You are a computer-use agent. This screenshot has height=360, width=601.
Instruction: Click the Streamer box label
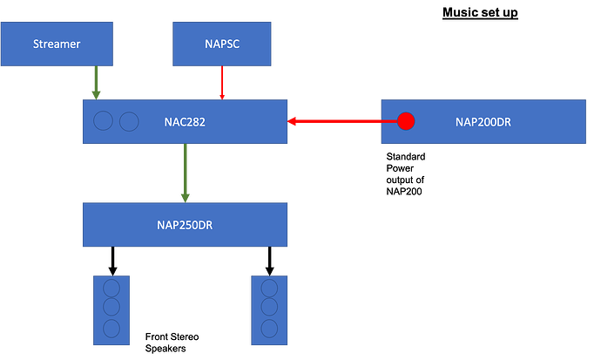57,44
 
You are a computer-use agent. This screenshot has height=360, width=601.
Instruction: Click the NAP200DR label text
483,122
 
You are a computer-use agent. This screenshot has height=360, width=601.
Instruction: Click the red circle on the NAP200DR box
406,121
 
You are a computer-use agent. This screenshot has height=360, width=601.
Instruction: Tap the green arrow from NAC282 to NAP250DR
185,173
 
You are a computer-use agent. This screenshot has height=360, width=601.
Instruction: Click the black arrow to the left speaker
111,261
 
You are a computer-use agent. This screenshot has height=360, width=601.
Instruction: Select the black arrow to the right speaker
269,261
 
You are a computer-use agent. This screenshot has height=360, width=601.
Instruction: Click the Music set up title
480,13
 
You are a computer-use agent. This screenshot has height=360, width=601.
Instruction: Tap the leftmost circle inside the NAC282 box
104,121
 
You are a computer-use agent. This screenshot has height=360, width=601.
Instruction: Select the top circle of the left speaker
111,289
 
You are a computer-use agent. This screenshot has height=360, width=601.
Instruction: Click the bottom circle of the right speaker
269,328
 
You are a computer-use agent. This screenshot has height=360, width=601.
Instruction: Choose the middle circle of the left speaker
111,309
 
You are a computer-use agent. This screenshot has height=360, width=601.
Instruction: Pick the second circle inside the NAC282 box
129,121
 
